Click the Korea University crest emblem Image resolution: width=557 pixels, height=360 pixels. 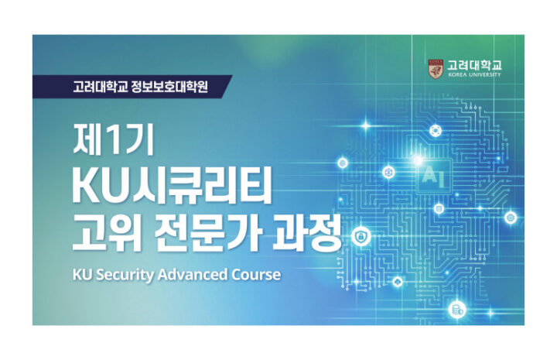coord(436,69)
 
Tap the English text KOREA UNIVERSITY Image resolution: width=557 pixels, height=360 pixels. coord(474,74)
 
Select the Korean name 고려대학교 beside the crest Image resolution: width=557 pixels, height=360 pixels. coord(474,65)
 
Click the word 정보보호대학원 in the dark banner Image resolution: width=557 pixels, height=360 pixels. coord(169,87)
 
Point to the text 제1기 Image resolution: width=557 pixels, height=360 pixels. coord(113,139)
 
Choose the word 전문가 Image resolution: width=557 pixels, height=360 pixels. coord(208,233)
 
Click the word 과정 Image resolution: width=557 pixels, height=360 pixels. coord(307,233)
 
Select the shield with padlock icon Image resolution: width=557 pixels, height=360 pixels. coord(361,235)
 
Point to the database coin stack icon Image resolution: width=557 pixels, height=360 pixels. coord(457,310)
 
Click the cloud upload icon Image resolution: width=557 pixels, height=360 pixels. coord(398,283)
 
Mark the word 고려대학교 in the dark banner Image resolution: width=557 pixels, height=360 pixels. coord(100,87)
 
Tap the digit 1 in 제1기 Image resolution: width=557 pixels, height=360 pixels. coord(113,139)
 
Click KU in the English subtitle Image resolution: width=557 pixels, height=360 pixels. coord(82,275)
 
